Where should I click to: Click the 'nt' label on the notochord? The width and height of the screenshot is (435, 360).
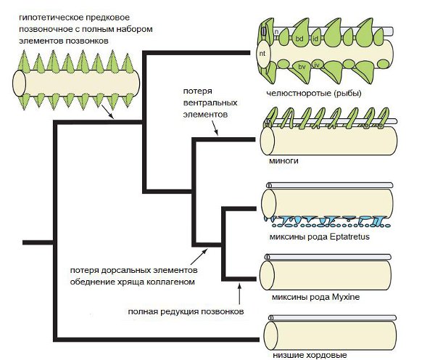coord(262,53)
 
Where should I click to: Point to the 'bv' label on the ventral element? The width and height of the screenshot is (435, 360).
coord(302,67)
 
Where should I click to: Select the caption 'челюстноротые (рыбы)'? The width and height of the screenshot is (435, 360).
coord(313,93)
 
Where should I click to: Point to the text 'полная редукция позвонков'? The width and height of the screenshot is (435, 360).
coord(186,311)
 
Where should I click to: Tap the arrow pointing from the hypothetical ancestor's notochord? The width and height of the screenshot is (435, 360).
coord(109,115)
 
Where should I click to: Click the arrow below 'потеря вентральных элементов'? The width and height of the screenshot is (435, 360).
coord(217,131)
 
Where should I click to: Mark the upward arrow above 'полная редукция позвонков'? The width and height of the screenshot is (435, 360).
coord(240,294)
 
